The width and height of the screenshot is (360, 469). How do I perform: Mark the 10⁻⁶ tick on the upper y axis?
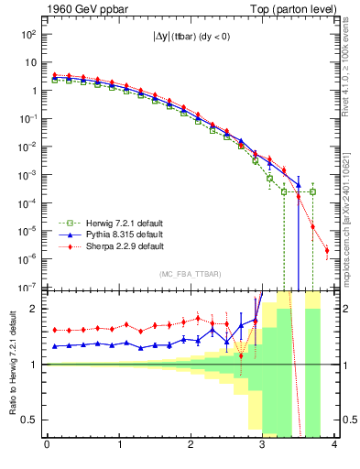click(29, 258)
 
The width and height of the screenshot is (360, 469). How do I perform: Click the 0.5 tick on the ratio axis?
click(33, 420)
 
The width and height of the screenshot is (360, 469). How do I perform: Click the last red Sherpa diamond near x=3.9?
click(327, 250)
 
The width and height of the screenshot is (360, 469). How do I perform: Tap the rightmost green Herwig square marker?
click(312, 191)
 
